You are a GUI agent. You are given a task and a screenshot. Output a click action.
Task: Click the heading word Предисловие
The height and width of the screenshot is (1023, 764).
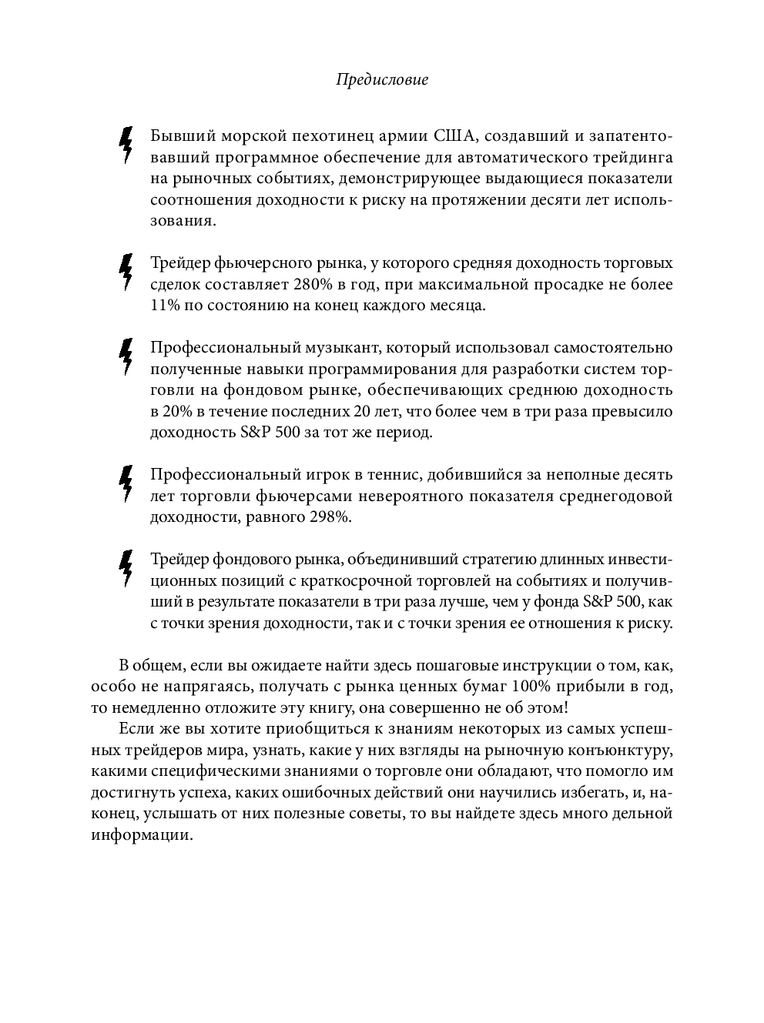382,79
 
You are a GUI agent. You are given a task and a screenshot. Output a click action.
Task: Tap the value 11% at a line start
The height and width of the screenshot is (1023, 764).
165,306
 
